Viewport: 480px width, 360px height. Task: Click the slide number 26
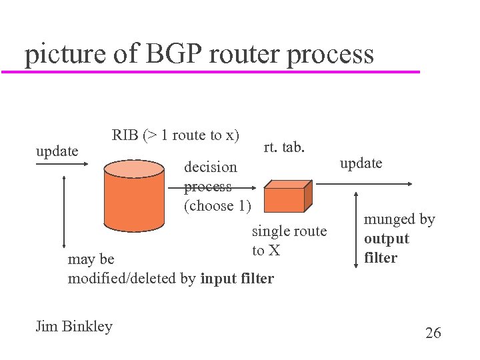[433, 333]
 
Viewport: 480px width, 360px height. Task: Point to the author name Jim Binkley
[74, 326]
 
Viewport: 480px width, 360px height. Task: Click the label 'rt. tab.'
[284, 147]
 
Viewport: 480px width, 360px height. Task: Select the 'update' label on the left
[57, 151]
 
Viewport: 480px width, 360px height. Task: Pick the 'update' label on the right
[361, 163]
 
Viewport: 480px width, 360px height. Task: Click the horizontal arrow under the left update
[62, 166]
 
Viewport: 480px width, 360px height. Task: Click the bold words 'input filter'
[237, 279]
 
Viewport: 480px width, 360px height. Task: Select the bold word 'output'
[387, 239]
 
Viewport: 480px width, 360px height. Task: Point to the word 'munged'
[390, 219]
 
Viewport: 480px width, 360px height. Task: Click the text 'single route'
[289, 231]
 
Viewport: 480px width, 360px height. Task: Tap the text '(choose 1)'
[217, 206]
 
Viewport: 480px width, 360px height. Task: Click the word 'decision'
[210, 167]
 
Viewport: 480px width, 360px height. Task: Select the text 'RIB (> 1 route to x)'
[175, 135]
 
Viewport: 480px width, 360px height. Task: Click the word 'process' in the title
[330, 54]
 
